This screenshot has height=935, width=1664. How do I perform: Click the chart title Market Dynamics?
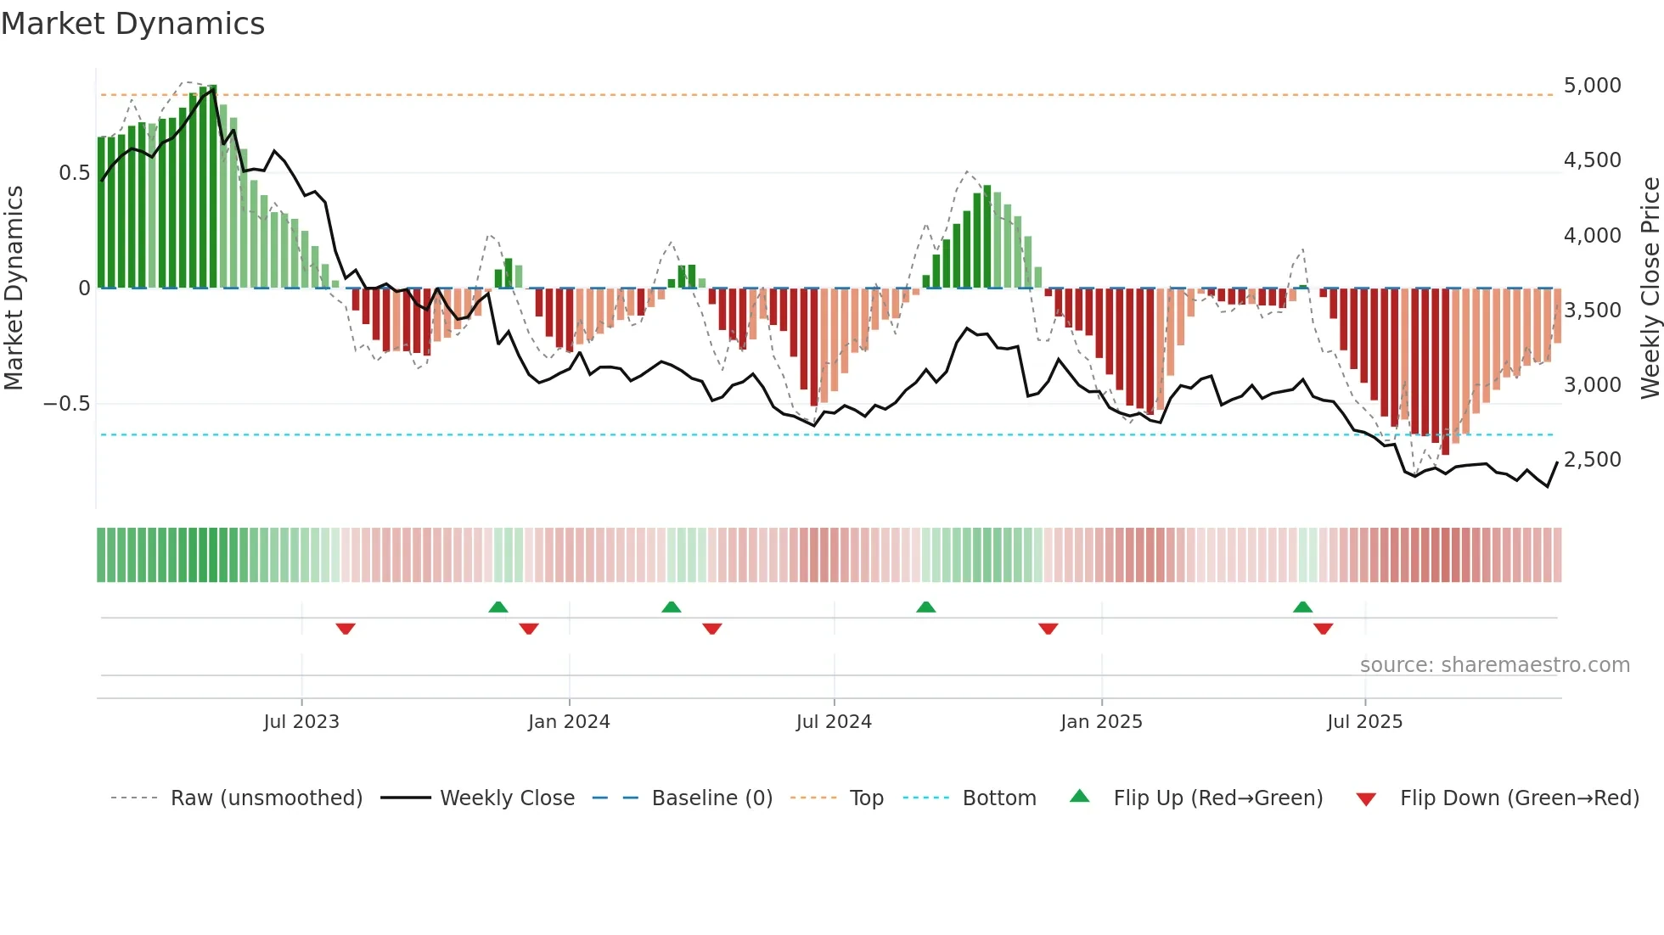click(x=132, y=24)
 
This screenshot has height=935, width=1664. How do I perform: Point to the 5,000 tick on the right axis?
click(x=1592, y=86)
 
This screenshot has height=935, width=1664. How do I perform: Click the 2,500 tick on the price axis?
click(x=1592, y=460)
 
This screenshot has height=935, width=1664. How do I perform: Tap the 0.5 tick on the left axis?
click(x=74, y=173)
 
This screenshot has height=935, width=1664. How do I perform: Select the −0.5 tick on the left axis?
click(x=67, y=404)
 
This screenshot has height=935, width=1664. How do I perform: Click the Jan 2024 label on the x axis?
click(x=569, y=722)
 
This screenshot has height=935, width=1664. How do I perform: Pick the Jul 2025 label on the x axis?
click(x=1364, y=722)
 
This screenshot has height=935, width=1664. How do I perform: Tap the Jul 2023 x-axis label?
click(x=301, y=722)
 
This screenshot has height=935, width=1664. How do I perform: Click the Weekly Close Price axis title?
click(x=1650, y=288)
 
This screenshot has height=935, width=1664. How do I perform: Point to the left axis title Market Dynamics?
click(x=14, y=288)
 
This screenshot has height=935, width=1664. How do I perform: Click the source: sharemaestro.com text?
click(x=1494, y=665)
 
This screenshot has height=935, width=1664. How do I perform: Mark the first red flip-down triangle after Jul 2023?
click(x=346, y=629)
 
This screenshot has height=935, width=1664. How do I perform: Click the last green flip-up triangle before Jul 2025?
click(x=1302, y=607)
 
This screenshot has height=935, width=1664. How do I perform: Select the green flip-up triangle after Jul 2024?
click(x=926, y=607)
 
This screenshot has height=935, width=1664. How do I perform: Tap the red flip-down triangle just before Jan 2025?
click(x=1048, y=629)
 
